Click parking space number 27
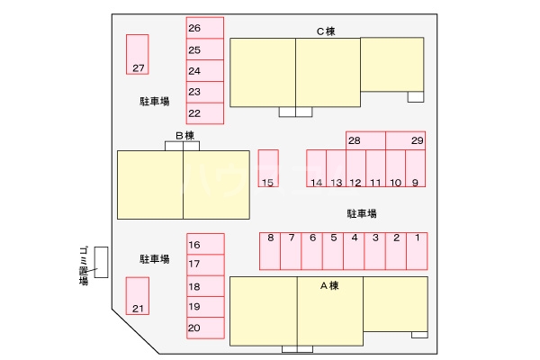pos(138,54)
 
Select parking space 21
pos(138,296)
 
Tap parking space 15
pos(268,168)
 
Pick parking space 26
pos(205,28)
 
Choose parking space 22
pos(205,113)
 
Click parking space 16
pos(205,244)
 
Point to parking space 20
pos(205,328)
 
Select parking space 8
pos(270,251)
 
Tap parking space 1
pos(417,251)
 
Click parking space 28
pos(365,140)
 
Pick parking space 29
pos(406,140)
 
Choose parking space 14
pos(317,168)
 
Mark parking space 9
pos(416,168)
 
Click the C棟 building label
pos(326,31)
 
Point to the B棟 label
pos(184,135)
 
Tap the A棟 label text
pos(329,285)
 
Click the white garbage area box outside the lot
pos(101,262)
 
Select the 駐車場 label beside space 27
pos(155,102)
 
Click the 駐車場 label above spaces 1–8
pos(362,213)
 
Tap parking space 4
pos(354,251)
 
